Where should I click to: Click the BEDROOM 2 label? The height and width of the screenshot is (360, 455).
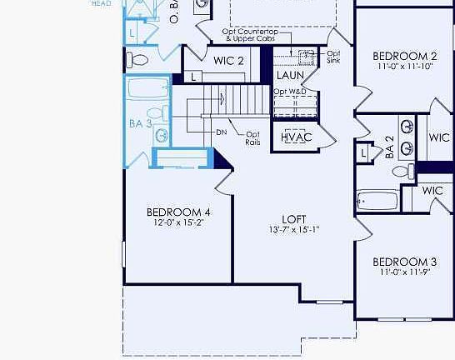tap(403, 56)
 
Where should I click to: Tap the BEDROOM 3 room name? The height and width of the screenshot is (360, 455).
tap(403, 261)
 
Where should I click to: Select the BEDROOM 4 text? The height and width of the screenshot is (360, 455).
tap(177, 212)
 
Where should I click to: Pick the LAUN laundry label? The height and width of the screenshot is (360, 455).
tap(290, 75)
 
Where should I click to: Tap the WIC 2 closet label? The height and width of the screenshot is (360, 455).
tap(228, 61)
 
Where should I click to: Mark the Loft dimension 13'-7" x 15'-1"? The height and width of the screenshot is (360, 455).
tap(294, 230)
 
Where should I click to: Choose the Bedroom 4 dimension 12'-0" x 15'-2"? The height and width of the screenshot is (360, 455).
tap(177, 223)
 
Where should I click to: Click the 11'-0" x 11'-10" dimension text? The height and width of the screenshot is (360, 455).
tap(403, 67)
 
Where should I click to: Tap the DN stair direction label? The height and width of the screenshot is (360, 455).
tap(222, 132)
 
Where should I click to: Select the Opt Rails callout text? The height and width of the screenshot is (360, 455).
tap(252, 138)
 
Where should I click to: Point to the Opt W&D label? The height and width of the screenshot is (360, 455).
tap(290, 91)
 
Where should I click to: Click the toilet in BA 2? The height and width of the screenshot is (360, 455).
tap(402, 172)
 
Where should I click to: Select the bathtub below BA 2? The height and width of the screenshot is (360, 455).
tap(377, 202)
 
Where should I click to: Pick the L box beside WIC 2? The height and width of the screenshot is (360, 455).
tap(193, 77)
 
